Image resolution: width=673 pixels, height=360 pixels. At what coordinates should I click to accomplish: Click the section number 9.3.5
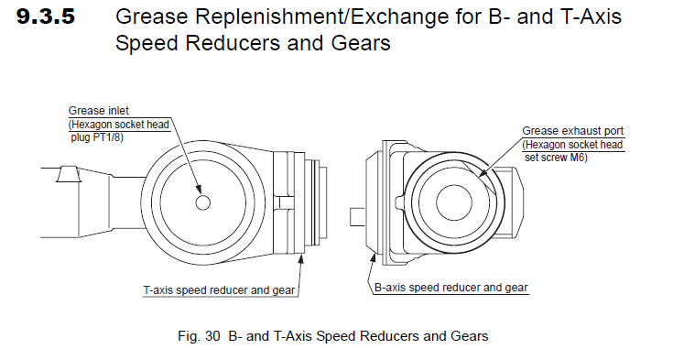46,16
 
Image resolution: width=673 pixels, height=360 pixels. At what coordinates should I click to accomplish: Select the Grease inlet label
98,111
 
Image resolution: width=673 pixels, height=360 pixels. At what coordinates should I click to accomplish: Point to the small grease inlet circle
202,202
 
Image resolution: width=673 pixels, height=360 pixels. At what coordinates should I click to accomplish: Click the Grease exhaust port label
572,131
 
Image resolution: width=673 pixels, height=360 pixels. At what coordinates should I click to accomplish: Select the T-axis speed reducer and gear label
220,290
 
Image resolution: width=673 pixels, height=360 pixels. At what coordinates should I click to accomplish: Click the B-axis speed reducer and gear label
451,288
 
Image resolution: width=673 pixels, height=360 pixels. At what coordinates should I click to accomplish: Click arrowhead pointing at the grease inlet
198,189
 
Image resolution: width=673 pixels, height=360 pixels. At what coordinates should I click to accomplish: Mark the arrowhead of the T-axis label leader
301,258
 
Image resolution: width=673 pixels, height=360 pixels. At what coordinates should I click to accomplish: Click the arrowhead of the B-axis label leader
373,258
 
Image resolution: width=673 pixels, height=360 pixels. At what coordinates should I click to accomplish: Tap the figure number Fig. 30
199,336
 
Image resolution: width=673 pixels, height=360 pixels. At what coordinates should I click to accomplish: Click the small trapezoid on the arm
68,174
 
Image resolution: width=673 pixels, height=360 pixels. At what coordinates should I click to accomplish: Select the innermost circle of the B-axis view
453,202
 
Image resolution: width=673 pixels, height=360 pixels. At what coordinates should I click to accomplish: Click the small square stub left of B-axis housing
357,216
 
